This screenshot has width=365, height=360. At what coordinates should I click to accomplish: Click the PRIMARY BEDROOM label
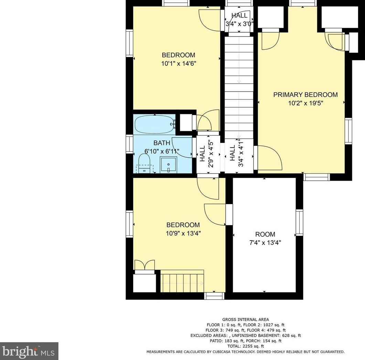pyautogui.click(x=305, y=95)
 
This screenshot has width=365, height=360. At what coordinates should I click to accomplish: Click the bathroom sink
pyautogui.click(x=168, y=165)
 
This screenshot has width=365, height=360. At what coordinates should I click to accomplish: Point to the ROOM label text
pyautogui.click(x=265, y=234)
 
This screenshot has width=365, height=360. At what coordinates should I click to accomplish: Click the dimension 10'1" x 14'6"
pyautogui.click(x=179, y=63)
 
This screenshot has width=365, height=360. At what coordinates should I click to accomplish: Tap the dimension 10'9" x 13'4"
pyautogui.click(x=183, y=233)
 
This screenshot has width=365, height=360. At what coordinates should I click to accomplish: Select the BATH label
pyautogui.click(x=162, y=143)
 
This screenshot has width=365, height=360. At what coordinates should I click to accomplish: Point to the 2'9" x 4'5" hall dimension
pyautogui.click(x=211, y=154)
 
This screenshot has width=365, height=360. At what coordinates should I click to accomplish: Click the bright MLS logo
pyautogui.click(x=29, y=351)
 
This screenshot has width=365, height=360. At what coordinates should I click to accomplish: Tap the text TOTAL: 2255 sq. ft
pyautogui.click(x=246, y=346)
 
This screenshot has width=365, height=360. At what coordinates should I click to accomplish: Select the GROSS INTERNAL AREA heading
pyautogui.click(x=246, y=319)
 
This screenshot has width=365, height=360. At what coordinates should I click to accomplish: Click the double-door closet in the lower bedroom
pyautogui.click(x=145, y=265)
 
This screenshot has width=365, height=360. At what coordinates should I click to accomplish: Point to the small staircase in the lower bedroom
pyautogui.click(x=182, y=281)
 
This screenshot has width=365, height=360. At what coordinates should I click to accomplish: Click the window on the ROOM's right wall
pyautogui.click(x=299, y=222)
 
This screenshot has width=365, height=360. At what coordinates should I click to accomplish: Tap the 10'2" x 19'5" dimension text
pyautogui.click(x=305, y=103)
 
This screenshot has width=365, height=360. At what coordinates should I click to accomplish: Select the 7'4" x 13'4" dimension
pyautogui.click(x=265, y=243)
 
